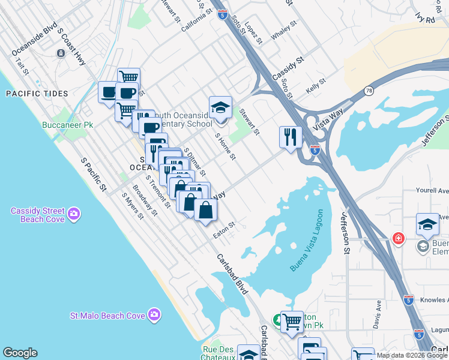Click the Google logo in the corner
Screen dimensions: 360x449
(20, 353)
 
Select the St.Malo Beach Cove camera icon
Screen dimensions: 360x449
(154, 314)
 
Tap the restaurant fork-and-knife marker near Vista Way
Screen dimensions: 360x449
(291, 137)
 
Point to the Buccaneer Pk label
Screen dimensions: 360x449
(76, 125)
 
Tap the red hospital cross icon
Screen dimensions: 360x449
(397, 238)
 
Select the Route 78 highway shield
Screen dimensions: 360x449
(368, 91)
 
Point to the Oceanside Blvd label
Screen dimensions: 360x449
(35, 40)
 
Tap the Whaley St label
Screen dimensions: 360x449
(285, 32)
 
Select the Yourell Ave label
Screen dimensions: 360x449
(432, 191)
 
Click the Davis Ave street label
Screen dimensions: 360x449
(377, 314)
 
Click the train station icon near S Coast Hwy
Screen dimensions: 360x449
(61, 53)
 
